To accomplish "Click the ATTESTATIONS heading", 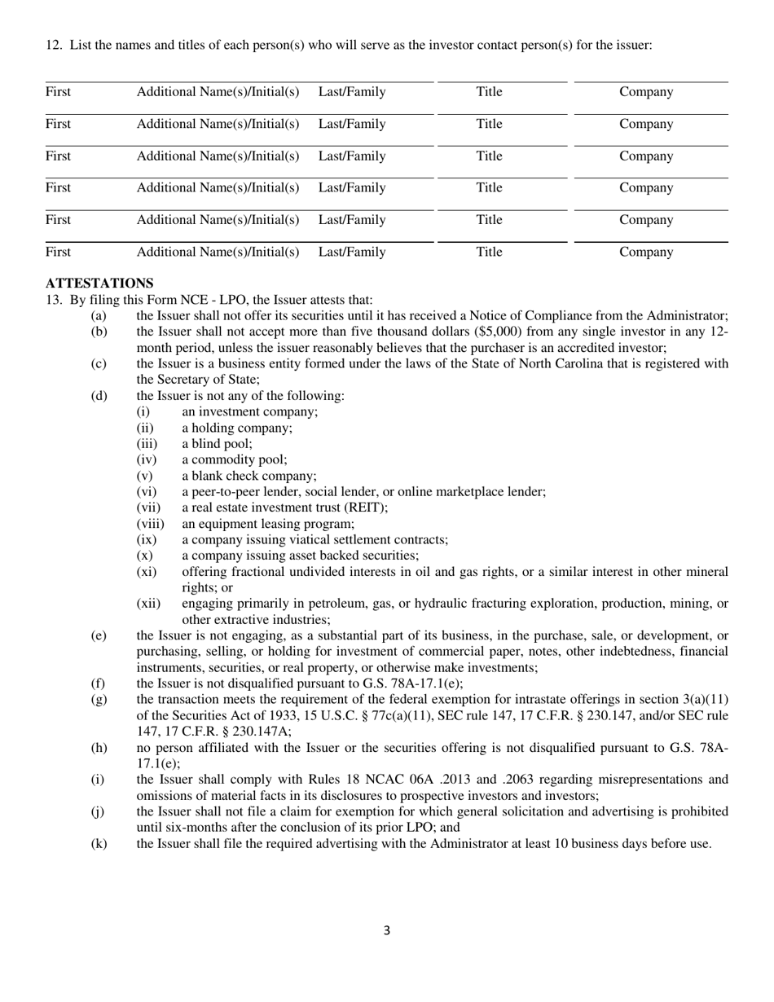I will click(99, 283).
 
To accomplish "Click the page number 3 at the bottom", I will click(387, 931).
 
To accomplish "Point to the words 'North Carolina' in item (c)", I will click(561, 364).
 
